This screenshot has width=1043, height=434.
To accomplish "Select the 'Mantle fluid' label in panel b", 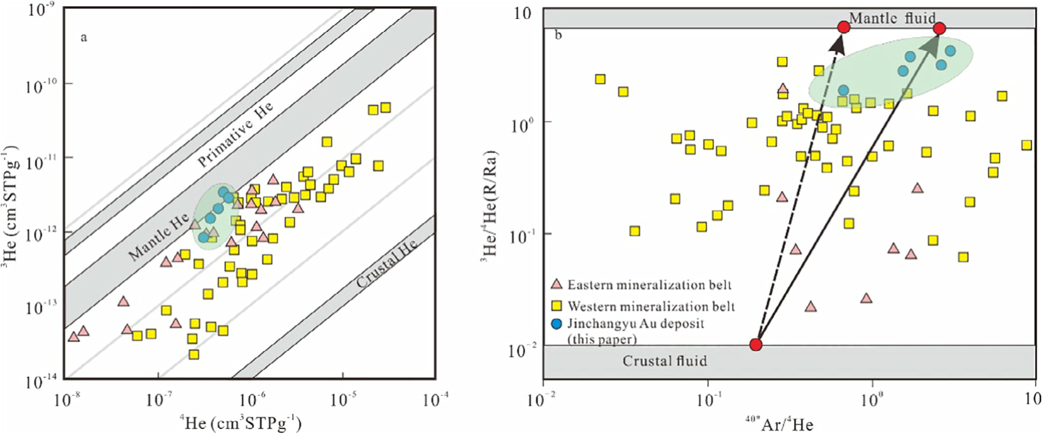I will pos(892,18).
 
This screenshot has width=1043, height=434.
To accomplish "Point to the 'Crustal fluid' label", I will pos(664,361).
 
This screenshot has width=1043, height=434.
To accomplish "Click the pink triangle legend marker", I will pos(556,285).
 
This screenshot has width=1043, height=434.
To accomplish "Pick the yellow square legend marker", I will pos(556,306).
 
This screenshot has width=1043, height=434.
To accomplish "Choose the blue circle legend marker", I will pos(556,324).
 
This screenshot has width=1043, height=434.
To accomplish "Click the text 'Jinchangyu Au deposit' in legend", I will pos(636,324).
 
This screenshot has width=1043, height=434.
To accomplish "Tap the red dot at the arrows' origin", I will pos(756,344).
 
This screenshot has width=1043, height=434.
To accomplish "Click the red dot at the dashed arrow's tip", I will pos(844,27).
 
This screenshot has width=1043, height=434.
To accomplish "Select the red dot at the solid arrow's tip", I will pos(939,28).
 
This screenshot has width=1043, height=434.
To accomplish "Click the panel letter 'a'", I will pos(84,38).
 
